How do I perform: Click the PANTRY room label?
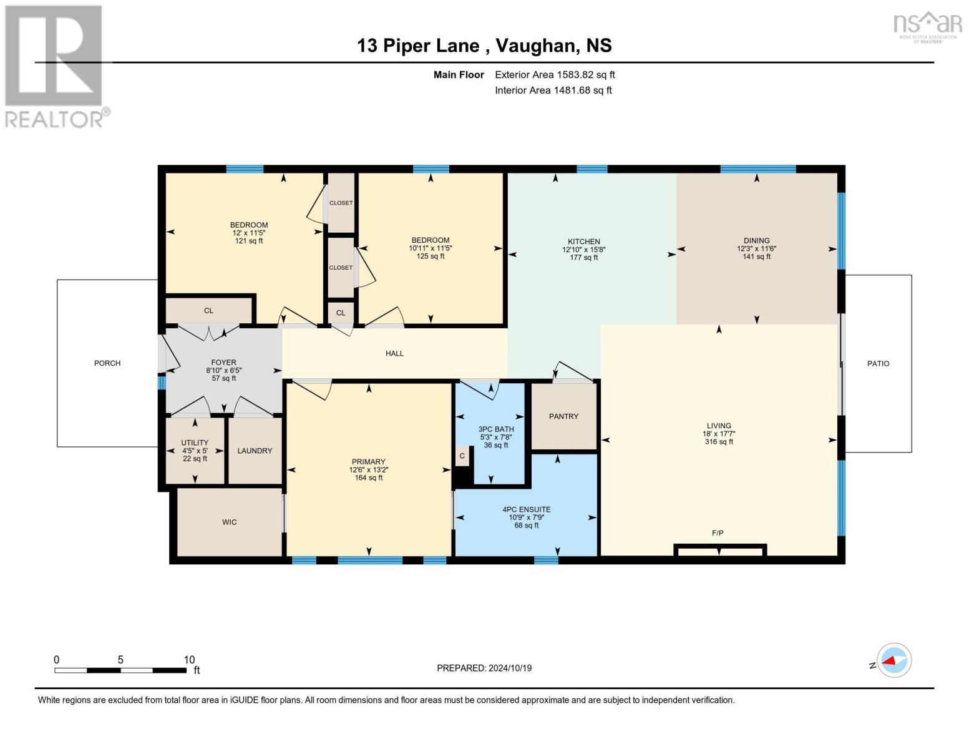[563, 416]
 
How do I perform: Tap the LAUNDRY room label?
[255, 451]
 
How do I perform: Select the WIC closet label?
[229, 522]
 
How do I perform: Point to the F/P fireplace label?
[718, 532]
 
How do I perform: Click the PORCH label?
[107, 363]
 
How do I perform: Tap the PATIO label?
[878, 363]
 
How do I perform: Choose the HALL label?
[394, 353]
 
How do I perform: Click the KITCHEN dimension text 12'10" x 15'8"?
[584, 250]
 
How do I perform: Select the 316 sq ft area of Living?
[719, 442]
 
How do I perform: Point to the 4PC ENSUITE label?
[526, 509]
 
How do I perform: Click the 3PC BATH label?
[496, 429]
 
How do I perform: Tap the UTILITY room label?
[195, 443]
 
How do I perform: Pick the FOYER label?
[223, 363]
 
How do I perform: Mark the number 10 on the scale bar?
[189, 660]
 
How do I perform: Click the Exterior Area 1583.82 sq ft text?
[555, 75]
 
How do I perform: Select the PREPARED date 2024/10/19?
[510, 668]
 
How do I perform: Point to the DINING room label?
[756, 240]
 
